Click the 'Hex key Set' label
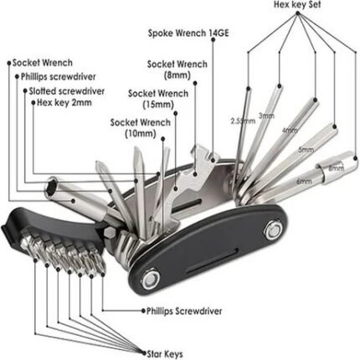click(x=297, y=5)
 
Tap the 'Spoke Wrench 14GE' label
click(x=188, y=33)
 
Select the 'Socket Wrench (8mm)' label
click(x=177, y=69)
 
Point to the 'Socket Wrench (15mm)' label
click(x=158, y=99)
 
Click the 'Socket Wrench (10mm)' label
click(x=141, y=128)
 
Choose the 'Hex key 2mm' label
click(x=64, y=103)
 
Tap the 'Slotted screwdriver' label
click(x=67, y=91)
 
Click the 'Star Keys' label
click(x=165, y=354)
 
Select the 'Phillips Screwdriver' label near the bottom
click(x=184, y=311)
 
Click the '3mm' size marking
click(x=266, y=116)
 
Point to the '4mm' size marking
click(x=290, y=131)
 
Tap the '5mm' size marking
click(x=306, y=150)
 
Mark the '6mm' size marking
click(x=304, y=181)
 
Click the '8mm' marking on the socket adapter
click(x=336, y=168)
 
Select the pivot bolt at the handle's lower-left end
click(x=151, y=280)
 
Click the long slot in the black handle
click(x=213, y=260)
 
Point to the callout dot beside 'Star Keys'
click(x=144, y=352)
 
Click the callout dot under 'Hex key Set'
click(x=297, y=13)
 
